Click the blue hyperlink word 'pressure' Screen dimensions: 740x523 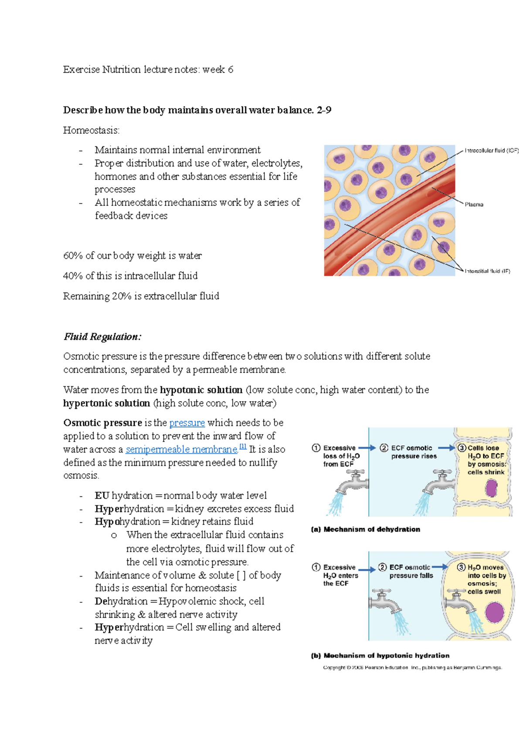point(187,423)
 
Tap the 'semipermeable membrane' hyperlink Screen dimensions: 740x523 point(181,449)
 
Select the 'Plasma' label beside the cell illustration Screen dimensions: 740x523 point(474,204)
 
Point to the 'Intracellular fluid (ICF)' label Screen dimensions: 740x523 point(491,150)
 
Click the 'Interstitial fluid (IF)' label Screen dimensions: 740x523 point(487,271)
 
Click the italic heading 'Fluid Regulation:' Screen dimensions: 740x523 point(102,337)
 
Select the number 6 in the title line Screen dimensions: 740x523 point(230,70)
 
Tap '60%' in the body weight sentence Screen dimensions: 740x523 point(73,256)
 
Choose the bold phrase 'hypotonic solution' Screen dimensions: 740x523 point(201,390)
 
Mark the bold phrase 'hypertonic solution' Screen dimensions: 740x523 point(106,403)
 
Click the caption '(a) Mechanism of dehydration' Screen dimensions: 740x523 point(365,529)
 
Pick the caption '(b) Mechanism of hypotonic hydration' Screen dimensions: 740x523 point(380,655)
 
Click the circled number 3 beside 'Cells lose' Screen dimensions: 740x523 point(462,448)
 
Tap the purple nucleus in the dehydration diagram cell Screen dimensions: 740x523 point(492,488)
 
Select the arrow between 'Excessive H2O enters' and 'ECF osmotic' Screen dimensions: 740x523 point(367,569)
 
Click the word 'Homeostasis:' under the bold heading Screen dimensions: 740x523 point(91,130)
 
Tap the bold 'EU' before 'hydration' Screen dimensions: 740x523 point(102,496)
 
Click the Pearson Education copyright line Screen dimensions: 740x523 point(412,667)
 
